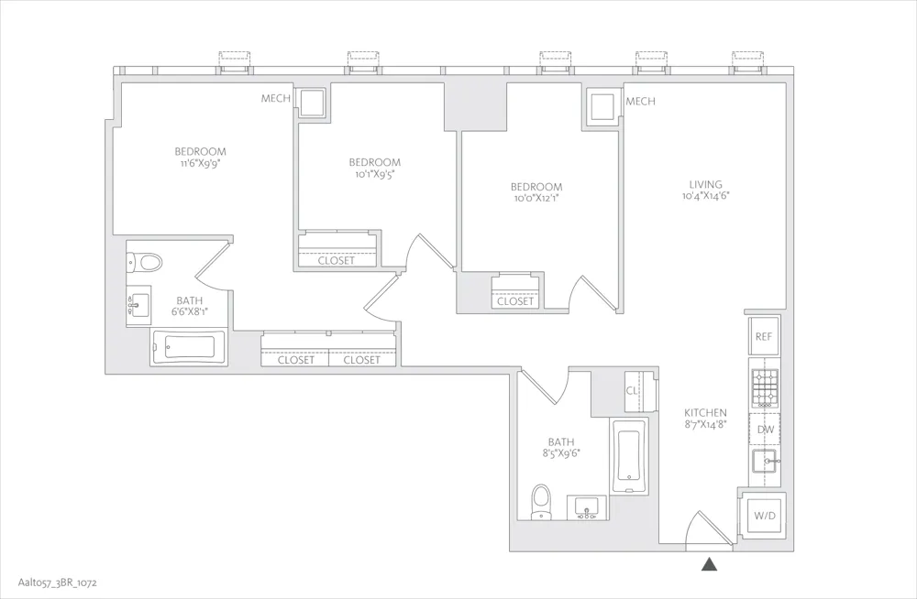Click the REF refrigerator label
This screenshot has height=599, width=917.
[764, 337]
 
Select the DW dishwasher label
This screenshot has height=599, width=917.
[764, 429]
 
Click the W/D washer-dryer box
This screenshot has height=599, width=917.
[764, 517]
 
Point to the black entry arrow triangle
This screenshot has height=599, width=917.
[709, 566]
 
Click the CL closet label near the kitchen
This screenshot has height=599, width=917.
[632, 390]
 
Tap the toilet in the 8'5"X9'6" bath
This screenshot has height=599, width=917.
[542, 502]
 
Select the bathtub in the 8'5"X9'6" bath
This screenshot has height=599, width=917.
[628, 455]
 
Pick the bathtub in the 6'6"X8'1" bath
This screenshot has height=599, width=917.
[188, 347]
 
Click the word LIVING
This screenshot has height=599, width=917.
[705, 184]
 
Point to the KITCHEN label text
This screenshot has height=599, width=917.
[704, 413]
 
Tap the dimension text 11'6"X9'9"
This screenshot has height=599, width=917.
[200, 164]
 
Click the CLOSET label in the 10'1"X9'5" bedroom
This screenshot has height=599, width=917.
[336, 260]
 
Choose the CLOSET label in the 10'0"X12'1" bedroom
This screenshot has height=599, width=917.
[515, 301]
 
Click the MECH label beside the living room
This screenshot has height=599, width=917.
[640, 102]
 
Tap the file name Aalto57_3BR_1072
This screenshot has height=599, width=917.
[54, 583]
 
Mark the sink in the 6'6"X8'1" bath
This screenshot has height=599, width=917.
[138, 303]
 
